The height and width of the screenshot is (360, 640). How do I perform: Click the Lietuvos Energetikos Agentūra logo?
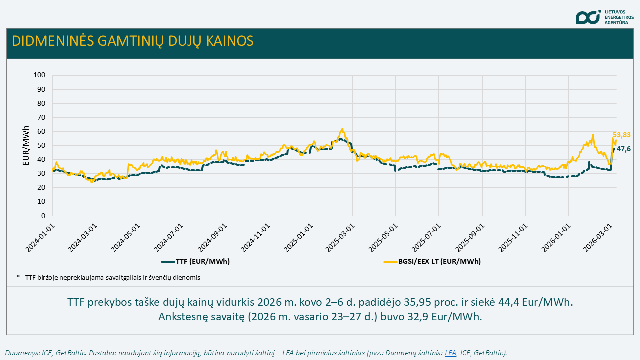[604, 17]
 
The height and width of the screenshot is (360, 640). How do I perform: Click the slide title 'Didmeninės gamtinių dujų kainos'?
[132, 41]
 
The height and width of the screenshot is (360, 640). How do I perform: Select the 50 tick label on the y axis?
[42, 146]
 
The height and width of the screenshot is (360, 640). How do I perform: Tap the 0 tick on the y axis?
[44, 216]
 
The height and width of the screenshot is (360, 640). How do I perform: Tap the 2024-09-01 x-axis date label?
[212, 238]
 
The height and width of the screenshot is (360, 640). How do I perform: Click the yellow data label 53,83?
[621, 135]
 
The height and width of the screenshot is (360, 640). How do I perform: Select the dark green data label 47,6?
[623, 149]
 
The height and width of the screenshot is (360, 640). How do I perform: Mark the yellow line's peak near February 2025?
[342, 129]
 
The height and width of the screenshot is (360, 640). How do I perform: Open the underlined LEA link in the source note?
[450, 353]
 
